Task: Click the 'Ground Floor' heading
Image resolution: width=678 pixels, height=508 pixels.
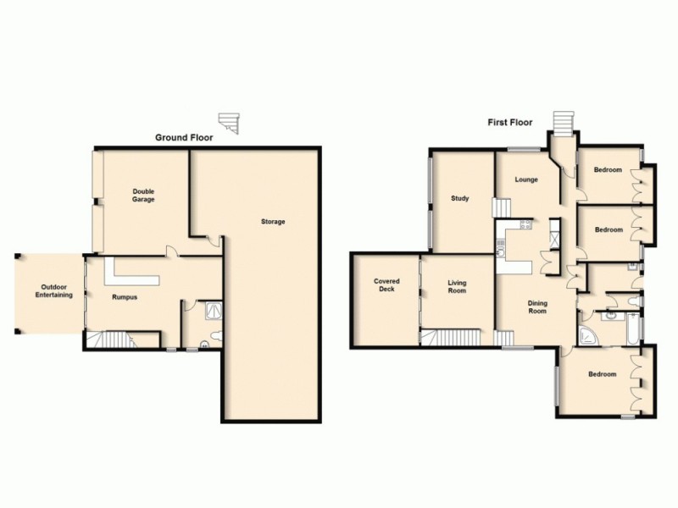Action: pos(183,137)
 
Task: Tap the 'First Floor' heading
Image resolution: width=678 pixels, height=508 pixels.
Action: pos(509,123)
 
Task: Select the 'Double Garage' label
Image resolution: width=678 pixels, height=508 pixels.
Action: pos(143,196)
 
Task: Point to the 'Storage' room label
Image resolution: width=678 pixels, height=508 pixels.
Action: pos(273,222)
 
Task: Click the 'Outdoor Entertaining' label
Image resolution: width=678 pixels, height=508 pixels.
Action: pos(53,290)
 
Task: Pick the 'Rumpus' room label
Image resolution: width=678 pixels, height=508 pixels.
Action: pos(125,297)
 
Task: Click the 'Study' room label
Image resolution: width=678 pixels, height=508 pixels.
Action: pos(460,199)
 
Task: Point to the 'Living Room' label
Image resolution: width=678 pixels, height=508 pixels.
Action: pos(458,288)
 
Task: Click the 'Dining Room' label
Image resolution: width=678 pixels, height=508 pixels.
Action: pos(537,306)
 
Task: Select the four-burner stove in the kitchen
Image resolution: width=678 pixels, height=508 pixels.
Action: pos(525,225)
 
